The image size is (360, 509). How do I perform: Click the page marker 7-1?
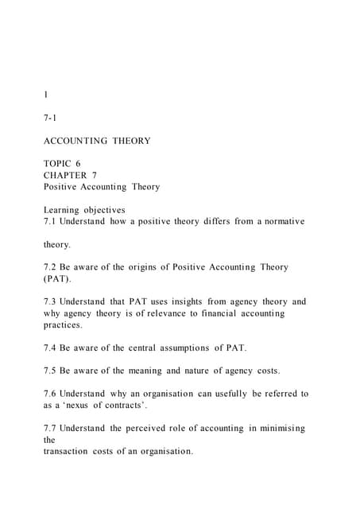[49, 117]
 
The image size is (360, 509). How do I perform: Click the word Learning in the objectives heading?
[64, 210]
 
